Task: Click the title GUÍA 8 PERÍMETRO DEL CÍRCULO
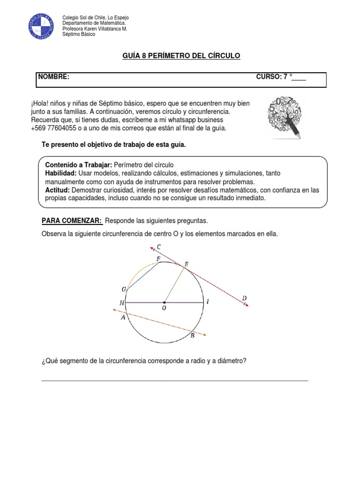pos(181,56)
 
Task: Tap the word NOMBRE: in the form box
pos(54,77)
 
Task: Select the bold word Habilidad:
pos(61,173)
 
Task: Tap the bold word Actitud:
pos(57,190)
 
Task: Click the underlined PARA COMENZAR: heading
pos(72,221)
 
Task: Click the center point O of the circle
pos(164,302)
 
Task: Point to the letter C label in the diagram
pos(159,247)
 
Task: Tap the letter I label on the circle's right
pos(207,302)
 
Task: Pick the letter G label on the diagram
pos(124,290)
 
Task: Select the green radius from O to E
pos(173,283)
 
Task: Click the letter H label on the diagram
pos(122,303)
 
